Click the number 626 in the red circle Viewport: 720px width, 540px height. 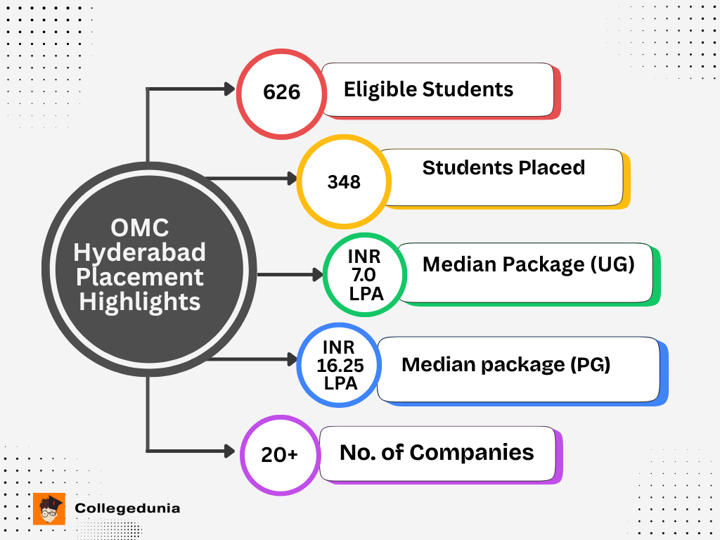click(281, 93)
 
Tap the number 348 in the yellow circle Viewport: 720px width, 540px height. click(344, 182)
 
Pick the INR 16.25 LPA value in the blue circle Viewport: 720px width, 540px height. click(340, 365)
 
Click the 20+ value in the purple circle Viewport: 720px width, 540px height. click(279, 455)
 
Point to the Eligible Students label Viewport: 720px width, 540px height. click(428, 90)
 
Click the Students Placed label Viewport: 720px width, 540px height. click(503, 167)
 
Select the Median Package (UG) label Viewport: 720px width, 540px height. click(528, 264)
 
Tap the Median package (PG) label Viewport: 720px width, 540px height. click(506, 365)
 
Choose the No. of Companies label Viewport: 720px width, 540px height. click(437, 452)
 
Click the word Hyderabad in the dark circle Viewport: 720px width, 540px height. click(140, 252)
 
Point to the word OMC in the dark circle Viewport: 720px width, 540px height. click(140, 228)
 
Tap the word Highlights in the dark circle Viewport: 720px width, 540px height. click(140, 302)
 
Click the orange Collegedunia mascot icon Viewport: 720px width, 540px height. click(49, 508)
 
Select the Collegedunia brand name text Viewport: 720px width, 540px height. click(127, 508)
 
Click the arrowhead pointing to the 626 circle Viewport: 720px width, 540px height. click(229, 89)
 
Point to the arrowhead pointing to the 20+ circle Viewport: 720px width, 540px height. click(229, 449)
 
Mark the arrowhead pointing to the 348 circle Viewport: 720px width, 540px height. click(292, 179)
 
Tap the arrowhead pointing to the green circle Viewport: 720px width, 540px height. click(318, 274)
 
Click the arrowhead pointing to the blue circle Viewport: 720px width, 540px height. click(292, 360)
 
